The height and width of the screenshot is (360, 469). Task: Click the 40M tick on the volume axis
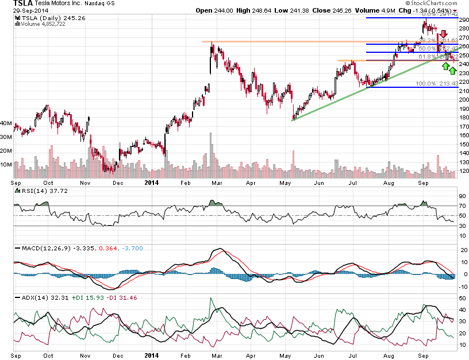coord(7,123)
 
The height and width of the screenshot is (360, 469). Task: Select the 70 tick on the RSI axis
coord(462,206)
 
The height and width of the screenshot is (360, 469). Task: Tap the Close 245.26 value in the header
coord(331,11)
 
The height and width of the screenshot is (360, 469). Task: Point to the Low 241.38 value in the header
coord(289,11)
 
